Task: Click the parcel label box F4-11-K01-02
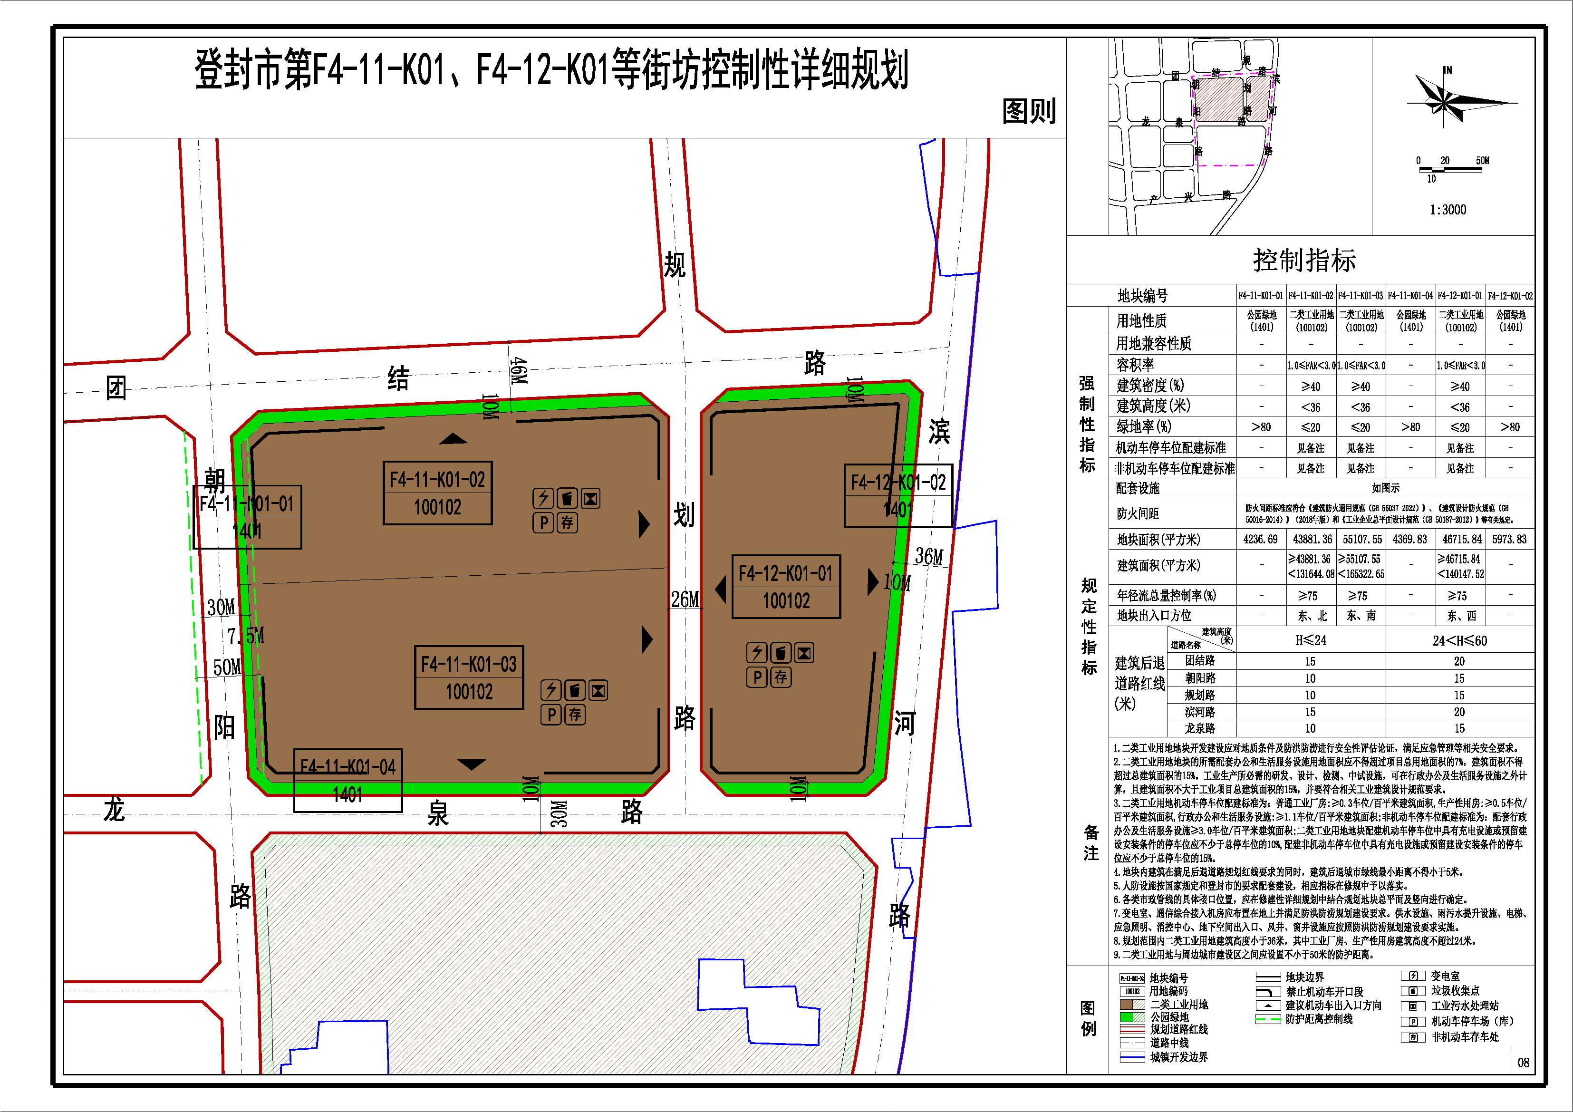point(437,493)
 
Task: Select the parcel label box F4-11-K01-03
point(469,677)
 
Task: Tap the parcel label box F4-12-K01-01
point(786,587)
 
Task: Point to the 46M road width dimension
point(519,371)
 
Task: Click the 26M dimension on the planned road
point(685,600)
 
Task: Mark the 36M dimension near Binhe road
point(929,556)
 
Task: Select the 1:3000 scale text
point(1448,210)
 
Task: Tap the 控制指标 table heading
point(1304,261)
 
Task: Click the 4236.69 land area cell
point(1261,539)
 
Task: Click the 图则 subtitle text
point(1029,111)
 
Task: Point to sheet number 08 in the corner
point(1523,1062)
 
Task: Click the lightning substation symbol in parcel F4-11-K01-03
point(551,690)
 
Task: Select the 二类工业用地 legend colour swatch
point(1132,1005)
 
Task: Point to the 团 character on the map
point(116,388)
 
